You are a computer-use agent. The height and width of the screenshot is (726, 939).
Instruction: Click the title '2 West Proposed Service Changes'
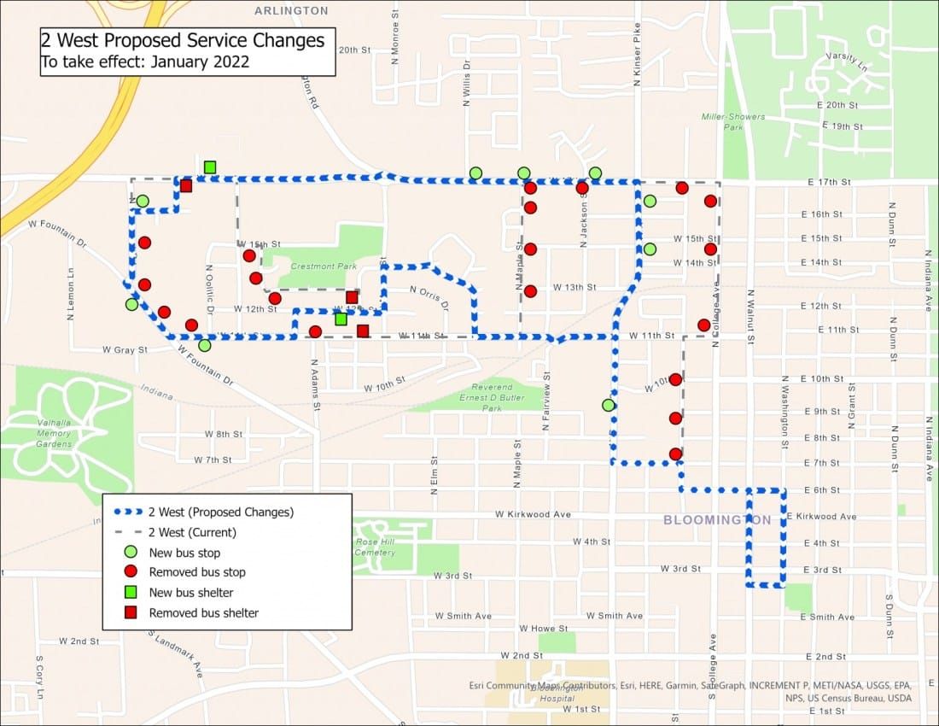click(183, 41)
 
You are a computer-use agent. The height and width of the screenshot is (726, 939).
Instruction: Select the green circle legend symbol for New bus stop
click(131, 552)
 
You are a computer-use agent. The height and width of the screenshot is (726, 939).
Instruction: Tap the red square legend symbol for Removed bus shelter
click(131, 612)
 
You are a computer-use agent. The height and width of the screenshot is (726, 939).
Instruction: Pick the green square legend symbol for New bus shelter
click(131, 592)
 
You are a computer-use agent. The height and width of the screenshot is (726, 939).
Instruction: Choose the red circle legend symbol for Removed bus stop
click(131, 571)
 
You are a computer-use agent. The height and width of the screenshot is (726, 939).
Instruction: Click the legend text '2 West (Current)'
click(192, 532)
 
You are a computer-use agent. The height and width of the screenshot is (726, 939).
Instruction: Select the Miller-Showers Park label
click(733, 121)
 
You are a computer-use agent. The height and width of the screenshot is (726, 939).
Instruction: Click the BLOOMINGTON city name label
click(717, 520)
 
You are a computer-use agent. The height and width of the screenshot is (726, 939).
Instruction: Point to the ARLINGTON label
click(291, 10)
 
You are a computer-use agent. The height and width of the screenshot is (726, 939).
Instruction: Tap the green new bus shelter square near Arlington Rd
click(210, 167)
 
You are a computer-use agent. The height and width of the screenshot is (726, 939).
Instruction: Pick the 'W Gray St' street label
click(125, 350)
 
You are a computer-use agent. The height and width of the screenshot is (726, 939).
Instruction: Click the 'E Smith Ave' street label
click(831, 617)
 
